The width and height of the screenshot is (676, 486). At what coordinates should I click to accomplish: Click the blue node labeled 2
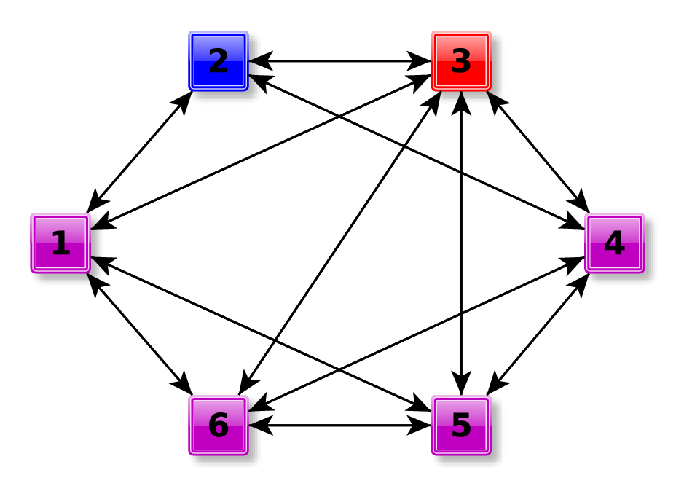coord(219,61)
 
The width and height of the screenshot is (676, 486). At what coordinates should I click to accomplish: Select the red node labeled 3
coord(461,61)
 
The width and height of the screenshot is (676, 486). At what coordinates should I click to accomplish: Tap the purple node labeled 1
coord(60,243)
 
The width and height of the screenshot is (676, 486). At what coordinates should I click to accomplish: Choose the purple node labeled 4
coord(614,243)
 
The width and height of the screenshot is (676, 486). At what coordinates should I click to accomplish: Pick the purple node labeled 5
coord(461,426)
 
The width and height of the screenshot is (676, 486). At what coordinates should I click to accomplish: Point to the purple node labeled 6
coord(219,426)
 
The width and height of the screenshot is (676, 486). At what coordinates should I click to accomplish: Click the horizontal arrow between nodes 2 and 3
coord(339,61)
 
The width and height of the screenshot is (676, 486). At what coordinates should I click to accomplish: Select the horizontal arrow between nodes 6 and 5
coord(339,426)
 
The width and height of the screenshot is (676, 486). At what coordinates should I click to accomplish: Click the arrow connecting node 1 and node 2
coord(139,152)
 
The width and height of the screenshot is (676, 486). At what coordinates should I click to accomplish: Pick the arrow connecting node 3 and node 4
coord(538,152)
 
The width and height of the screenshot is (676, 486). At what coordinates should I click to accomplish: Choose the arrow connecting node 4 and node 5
coord(538,334)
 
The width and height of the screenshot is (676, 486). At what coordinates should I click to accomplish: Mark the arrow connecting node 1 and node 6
coord(139,334)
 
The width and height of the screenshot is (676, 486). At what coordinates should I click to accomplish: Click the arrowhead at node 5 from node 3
coord(460,385)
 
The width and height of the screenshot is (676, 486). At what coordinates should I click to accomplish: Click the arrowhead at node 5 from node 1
coord(420,406)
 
